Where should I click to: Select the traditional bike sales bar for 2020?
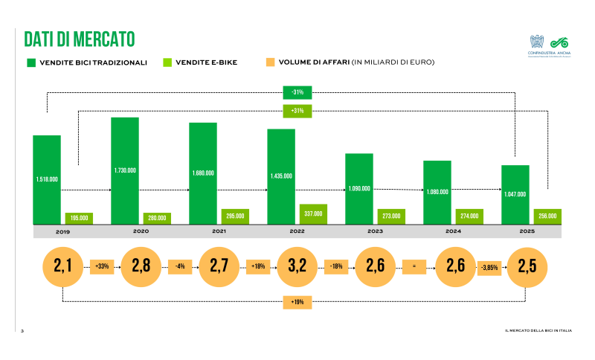pos(125,170)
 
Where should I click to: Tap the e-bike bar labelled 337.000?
pos(313,213)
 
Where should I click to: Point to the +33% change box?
pos(102,266)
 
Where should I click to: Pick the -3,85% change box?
pos(488,266)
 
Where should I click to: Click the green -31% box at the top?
pos(297,92)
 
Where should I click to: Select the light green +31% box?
pos(297,111)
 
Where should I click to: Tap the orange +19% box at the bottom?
pos(297,302)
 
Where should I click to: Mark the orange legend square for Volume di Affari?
pos(271,62)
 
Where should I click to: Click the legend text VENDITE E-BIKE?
pos(207,62)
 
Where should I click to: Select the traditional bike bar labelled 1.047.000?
pos(515,194)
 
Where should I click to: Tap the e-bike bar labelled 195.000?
pos(78,218)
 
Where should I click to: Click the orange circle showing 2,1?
pos(62,266)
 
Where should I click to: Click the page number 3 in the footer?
pos(22,330)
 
